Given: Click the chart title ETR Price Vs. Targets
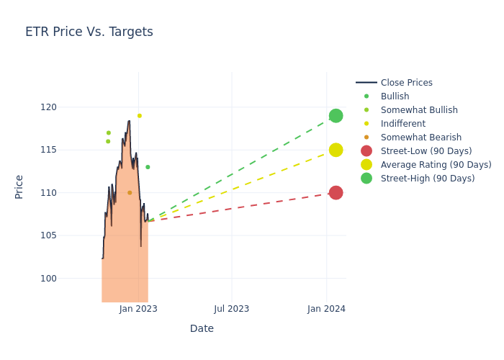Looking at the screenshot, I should pos(89,32).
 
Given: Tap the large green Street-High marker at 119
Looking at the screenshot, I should pos(336,116).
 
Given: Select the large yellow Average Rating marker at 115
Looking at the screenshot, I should pos(336,150).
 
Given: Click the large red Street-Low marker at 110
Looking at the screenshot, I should pos(336,193).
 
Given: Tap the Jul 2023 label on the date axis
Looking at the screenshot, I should pos(232,309).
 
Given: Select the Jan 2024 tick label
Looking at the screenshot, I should pos(326,309).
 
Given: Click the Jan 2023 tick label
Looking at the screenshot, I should pos(138,309).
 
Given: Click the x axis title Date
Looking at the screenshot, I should pos(202,329).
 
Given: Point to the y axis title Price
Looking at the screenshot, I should pos(19,186).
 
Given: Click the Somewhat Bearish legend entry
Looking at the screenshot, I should pos(420,138).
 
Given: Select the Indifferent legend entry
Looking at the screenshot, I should pos(402,124).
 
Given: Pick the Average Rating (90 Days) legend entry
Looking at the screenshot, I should pos(436,165).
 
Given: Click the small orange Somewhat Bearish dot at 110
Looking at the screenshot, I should pos(130,193).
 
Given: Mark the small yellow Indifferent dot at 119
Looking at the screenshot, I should pos(140,116).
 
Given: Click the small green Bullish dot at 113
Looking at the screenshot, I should pos(148,167).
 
